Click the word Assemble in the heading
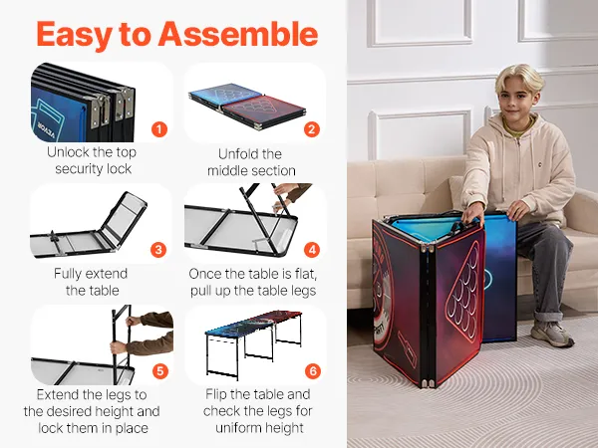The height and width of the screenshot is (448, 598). (x=238, y=34)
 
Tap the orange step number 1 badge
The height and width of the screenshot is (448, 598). (x=159, y=129)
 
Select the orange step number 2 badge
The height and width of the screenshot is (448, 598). (x=312, y=129)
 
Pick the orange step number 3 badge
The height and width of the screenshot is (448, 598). (x=158, y=250)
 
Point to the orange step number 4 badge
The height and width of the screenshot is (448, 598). (x=312, y=250)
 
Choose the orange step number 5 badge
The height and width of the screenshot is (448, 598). (x=160, y=371)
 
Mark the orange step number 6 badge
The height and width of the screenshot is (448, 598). (x=313, y=371)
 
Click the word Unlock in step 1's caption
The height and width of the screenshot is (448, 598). (x=68, y=152)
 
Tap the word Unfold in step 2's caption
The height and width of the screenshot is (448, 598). (x=239, y=154)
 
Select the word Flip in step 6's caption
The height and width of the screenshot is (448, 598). (x=216, y=395)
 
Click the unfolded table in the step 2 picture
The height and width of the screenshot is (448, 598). (x=247, y=106)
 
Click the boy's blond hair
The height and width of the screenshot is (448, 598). (x=519, y=77)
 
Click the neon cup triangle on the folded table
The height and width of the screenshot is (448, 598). (x=463, y=291)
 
